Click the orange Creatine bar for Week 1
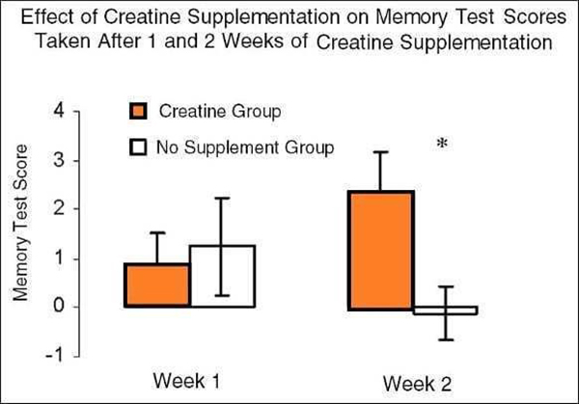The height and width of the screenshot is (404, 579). click(x=156, y=285)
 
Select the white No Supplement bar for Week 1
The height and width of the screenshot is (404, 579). click(x=222, y=277)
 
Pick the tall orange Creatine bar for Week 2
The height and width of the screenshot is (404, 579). click(x=380, y=250)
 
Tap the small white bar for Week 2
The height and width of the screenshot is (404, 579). click(x=445, y=310)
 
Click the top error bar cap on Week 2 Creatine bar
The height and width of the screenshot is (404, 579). click(x=380, y=151)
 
